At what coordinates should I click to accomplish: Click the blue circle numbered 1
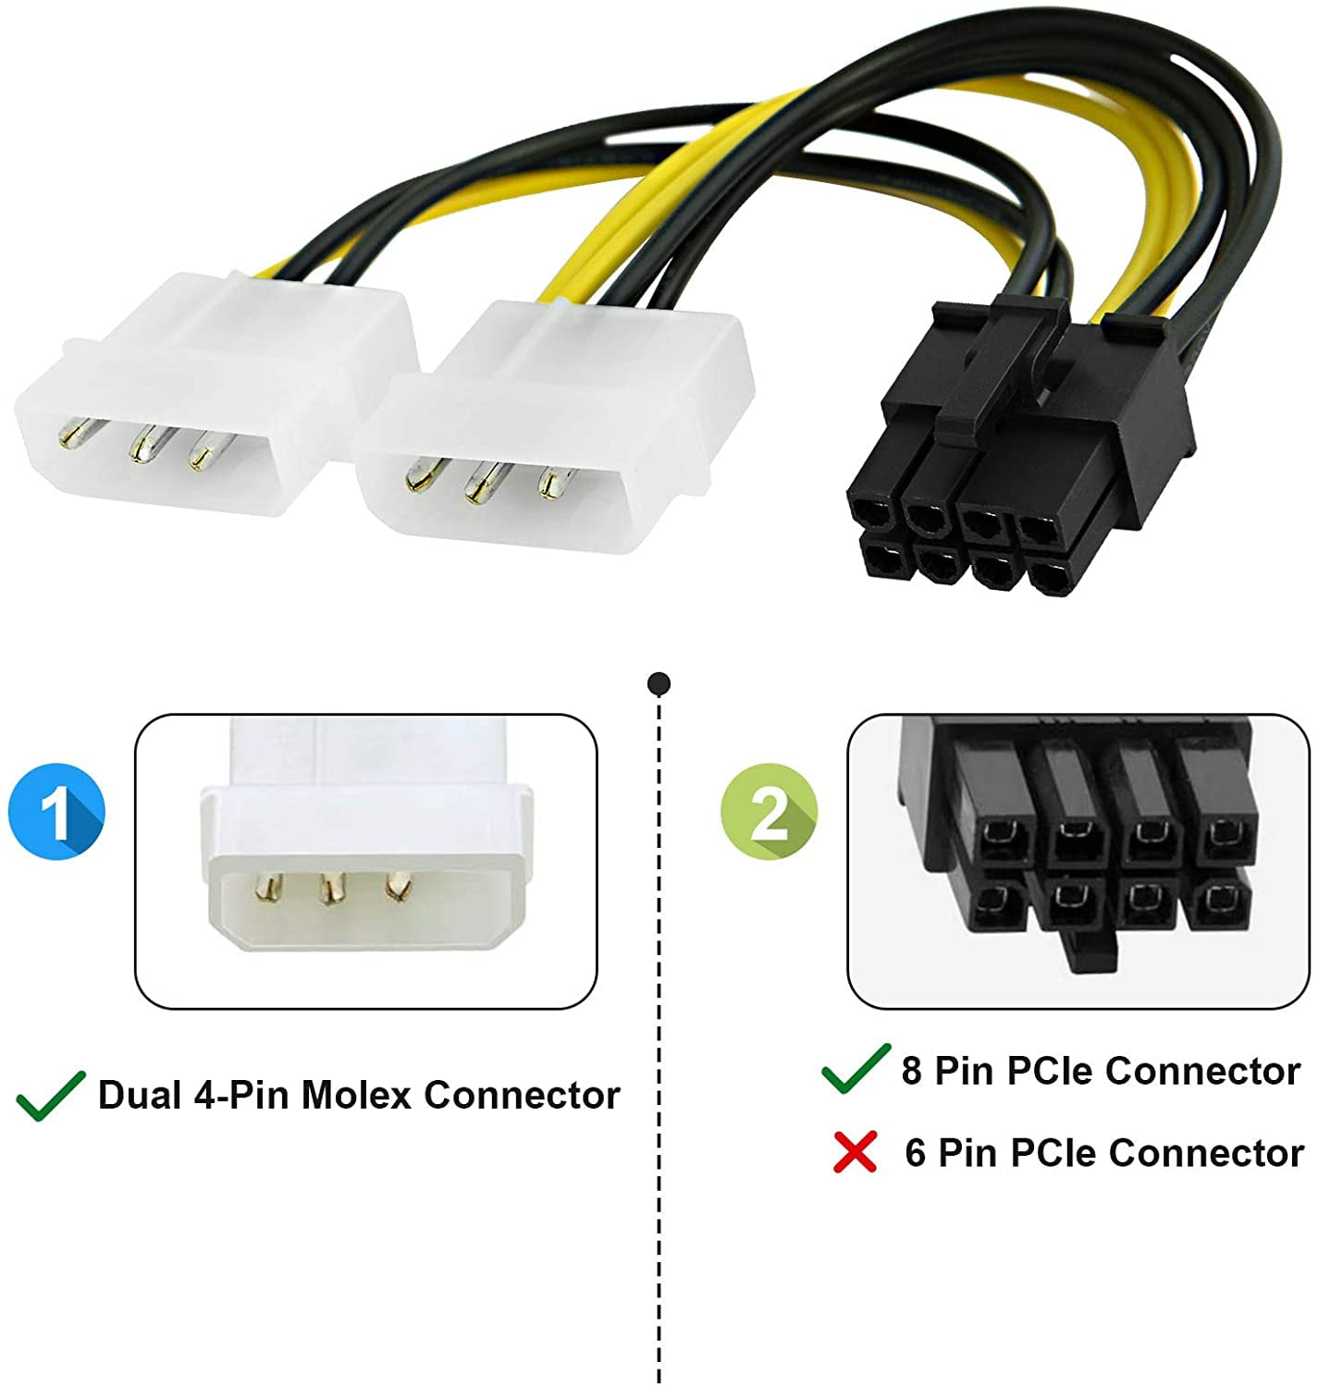point(56,812)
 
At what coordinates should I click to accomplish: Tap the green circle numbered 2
point(769,812)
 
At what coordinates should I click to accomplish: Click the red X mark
point(855,1152)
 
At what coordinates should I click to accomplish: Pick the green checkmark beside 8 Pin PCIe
point(856,1069)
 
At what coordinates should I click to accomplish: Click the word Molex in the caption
point(356,1095)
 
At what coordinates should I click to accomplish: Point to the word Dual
point(140,1095)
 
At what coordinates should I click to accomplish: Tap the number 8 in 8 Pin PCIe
point(911,1071)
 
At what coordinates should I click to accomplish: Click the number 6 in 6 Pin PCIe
point(915,1153)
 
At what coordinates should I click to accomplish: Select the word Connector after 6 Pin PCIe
point(1206,1153)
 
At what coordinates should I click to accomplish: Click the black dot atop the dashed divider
point(659,684)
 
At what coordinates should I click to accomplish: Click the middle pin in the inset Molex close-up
point(329,890)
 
